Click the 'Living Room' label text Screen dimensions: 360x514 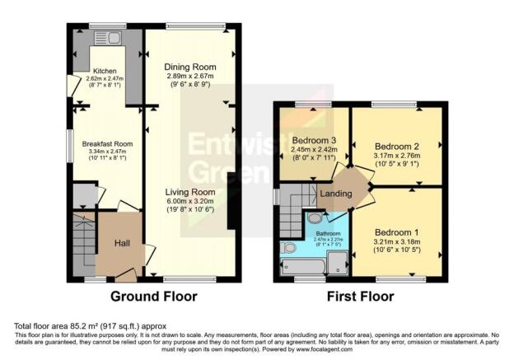(189, 190)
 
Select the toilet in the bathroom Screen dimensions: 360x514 (315, 218)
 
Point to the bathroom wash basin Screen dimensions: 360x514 (288, 247)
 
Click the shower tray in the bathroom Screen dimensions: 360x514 (338, 263)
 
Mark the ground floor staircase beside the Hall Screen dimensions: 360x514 (84, 241)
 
